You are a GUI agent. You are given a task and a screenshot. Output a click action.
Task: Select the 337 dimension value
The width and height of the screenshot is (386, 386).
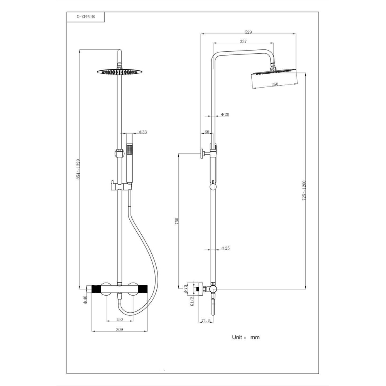[x=243, y=41]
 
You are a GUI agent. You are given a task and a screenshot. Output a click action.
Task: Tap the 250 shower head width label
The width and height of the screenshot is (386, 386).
[x=275, y=85]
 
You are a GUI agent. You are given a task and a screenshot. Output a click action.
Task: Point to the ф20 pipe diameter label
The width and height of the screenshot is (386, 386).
[x=225, y=115]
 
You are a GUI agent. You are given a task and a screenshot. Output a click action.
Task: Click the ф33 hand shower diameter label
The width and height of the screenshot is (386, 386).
[x=142, y=132]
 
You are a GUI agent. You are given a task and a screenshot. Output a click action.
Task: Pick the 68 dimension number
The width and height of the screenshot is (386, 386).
[x=207, y=132]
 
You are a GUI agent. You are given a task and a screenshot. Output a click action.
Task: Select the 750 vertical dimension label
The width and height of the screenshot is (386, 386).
[x=176, y=221]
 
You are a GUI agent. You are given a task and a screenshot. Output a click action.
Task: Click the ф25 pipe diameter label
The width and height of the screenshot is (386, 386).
[x=225, y=248]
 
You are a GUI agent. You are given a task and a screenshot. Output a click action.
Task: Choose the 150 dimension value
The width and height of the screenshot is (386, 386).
[x=119, y=319]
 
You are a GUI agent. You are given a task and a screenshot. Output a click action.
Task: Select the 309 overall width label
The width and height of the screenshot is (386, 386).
[x=119, y=329]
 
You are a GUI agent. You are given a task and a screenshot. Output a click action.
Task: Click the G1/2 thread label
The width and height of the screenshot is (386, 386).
[x=192, y=300]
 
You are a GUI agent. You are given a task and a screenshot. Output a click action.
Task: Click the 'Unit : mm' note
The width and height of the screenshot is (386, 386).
[x=245, y=337]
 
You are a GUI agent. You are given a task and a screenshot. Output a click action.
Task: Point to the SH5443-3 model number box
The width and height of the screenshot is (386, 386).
[x=85, y=17]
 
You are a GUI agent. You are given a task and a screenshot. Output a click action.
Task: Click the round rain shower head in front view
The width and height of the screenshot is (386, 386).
[x=118, y=72]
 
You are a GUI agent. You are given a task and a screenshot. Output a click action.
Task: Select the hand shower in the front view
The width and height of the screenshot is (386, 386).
[x=129, y=164]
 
